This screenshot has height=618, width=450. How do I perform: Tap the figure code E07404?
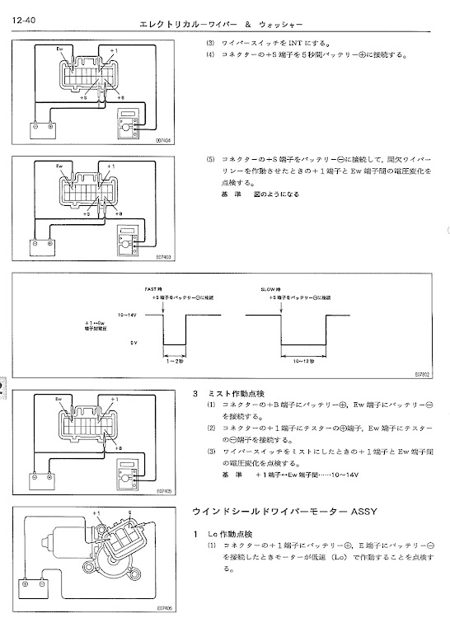[x=162, y=141]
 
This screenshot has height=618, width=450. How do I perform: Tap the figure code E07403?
[x=162, y=257]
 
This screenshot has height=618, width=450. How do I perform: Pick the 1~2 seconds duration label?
[x=176, y=359]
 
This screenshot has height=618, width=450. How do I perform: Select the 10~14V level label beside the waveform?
[x=127, y=315]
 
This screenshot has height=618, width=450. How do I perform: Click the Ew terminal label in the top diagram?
[x=60, y=50]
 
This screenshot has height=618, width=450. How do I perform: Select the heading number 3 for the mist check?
[x=195, y=394]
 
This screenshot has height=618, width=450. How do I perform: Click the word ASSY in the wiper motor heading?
[x=362, y=512]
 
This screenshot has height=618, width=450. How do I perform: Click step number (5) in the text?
[x=209, y=157]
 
